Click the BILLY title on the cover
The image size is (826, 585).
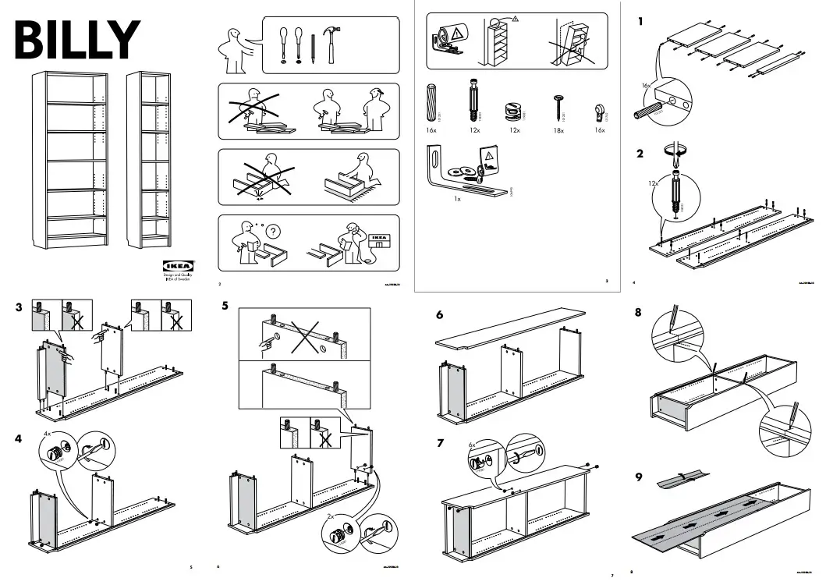[x=76, y=39]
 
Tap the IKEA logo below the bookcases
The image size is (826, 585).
[x=178, y=266]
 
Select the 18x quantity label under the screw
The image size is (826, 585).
[x=559, y=132]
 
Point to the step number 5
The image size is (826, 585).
[x=225, y=306]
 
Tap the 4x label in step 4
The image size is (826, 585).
[x=47, y=433]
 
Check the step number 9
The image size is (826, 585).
[x=639, y=477]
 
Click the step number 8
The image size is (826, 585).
[x=639, y=314]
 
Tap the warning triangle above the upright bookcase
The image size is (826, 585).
[x=515, y=18]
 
